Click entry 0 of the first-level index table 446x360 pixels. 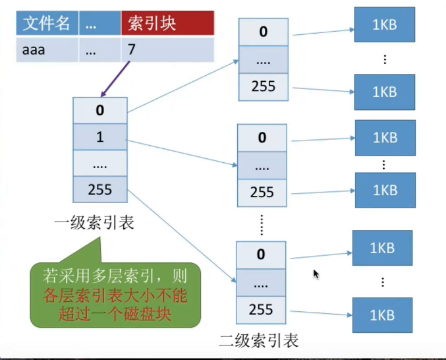tap(99, 110)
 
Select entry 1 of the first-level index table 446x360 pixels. tap(99, 137)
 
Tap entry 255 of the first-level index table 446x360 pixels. tap(99, 190)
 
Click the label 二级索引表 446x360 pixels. tap(259, 340)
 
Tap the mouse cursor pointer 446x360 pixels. tap(316, 273)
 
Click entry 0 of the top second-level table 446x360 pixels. tap(262, 32)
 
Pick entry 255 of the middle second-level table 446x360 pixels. tap(262, 193)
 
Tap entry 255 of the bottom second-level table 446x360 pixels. tap(262, 309)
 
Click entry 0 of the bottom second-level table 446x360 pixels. tap(262, 254)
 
